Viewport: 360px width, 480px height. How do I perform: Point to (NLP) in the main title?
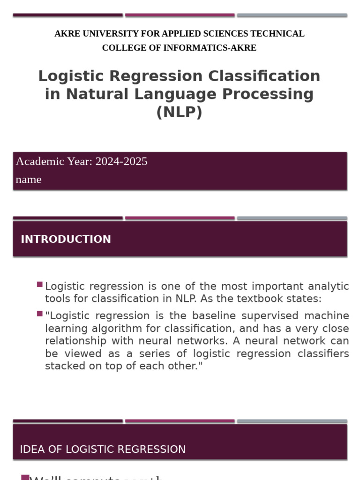(x=180, y=112)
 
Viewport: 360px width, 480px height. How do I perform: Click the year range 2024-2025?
(x=121, y=161)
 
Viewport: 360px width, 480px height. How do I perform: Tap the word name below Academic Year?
(x=29, y=180)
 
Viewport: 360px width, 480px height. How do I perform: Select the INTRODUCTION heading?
(x=66, y=239)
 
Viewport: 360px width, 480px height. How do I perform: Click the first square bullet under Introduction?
(x=40, y=284)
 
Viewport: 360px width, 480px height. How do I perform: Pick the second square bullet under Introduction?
(x=40, y=314)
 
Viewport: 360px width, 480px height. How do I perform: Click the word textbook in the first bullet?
(x=259, y=299)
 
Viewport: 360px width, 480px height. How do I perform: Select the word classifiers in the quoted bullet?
(x=323, y=353)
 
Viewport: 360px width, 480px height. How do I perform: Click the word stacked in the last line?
(x=63, y=366)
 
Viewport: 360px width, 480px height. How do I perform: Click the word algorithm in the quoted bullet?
(x=111, y=328)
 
